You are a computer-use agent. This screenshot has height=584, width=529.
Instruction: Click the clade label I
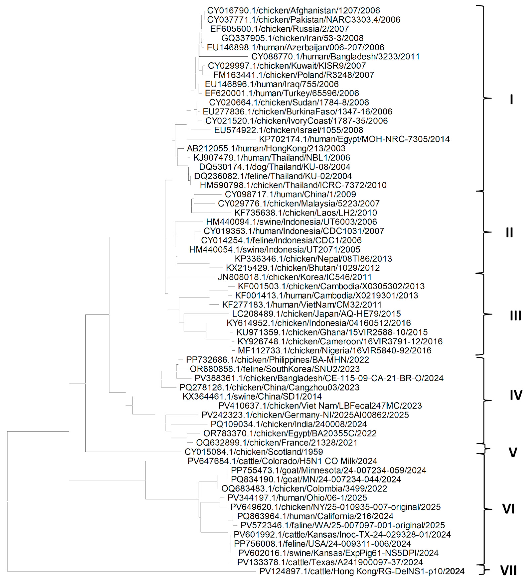(x=511, y=99)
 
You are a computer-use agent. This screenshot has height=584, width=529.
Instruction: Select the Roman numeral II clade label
(x=510, y=232)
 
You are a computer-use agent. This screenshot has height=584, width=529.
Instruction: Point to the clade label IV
(x=516, y=395)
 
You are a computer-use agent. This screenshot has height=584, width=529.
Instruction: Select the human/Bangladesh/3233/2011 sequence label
(x=335, y=56)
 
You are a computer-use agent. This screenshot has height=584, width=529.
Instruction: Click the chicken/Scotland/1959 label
(x=254, y=452)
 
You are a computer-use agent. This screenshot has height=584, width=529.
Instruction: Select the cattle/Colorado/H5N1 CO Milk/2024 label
(x=282, y=461)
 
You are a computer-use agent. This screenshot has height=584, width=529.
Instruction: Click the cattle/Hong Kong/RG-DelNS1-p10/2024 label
(x=362, y=571)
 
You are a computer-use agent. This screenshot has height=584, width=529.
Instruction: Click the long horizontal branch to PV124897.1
(x=131, y=571)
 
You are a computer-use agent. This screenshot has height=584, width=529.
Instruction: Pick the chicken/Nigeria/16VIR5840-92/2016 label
(x=334, y=350)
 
